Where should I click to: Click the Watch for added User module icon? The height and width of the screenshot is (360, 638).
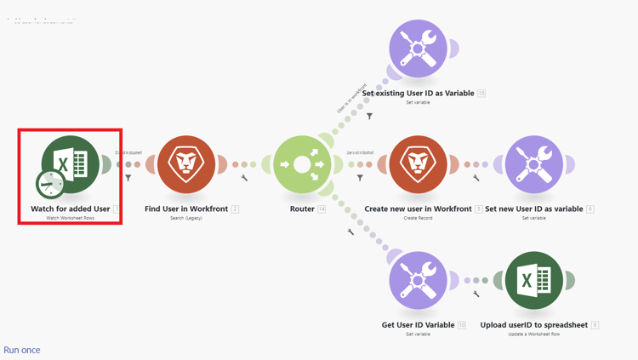(71, 164)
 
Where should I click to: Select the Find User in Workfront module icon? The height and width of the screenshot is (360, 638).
(186, 164)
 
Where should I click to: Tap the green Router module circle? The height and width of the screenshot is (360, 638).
(302, 164)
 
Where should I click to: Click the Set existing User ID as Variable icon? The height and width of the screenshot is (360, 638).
(418, 49)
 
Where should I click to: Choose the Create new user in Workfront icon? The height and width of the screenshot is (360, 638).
(418, 164)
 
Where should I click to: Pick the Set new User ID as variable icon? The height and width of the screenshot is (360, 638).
(533, 164)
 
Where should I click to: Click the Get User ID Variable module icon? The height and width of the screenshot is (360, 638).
(418, 280)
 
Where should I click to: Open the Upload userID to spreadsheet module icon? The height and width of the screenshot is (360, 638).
(533, 280)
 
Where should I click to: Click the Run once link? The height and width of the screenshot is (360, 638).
(22, 350)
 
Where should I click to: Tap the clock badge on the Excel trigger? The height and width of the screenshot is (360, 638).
(51, 184)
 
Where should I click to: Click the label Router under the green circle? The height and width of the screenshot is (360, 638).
(302, 209)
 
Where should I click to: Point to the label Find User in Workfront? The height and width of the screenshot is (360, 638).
(186, 209)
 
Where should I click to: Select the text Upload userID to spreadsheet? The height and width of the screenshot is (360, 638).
(533, 324)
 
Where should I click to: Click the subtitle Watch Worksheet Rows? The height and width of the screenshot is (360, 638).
(71, 218)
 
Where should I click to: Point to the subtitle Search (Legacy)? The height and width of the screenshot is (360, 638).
(186, 218)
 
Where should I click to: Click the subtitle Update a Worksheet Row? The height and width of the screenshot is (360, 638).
(533, 334)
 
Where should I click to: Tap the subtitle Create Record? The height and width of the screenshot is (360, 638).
(418, 218)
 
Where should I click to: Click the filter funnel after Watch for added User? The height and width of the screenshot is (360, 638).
(128, 178)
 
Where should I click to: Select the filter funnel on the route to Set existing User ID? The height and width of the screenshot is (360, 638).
(369, 116)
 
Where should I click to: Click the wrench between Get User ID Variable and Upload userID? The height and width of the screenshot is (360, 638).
(476, 294)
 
